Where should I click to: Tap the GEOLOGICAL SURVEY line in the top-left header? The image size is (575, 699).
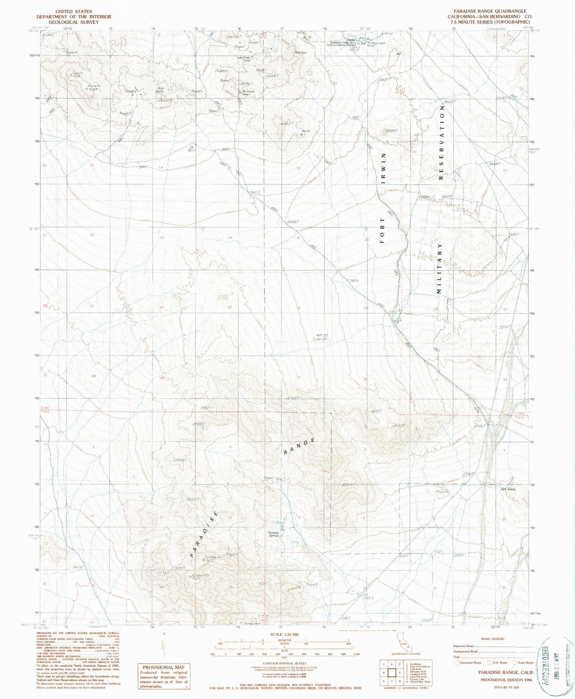click(74, 22)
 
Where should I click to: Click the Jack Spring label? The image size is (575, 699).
click(508, 489)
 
